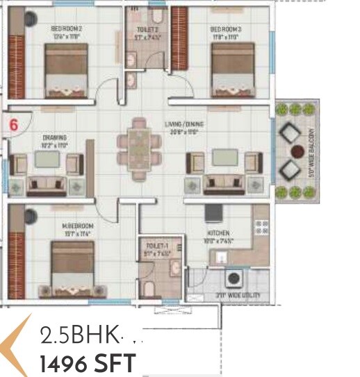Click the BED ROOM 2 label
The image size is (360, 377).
pos(67,28)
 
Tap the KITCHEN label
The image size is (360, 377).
pos(218,233)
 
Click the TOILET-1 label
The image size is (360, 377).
pos(154,246)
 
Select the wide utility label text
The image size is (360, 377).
pos(237,295)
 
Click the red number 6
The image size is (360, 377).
pos(13,125)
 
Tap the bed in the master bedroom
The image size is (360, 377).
pos(72,267)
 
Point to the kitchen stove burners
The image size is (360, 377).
pos(262,228)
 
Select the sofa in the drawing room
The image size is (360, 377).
pos(47,185)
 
